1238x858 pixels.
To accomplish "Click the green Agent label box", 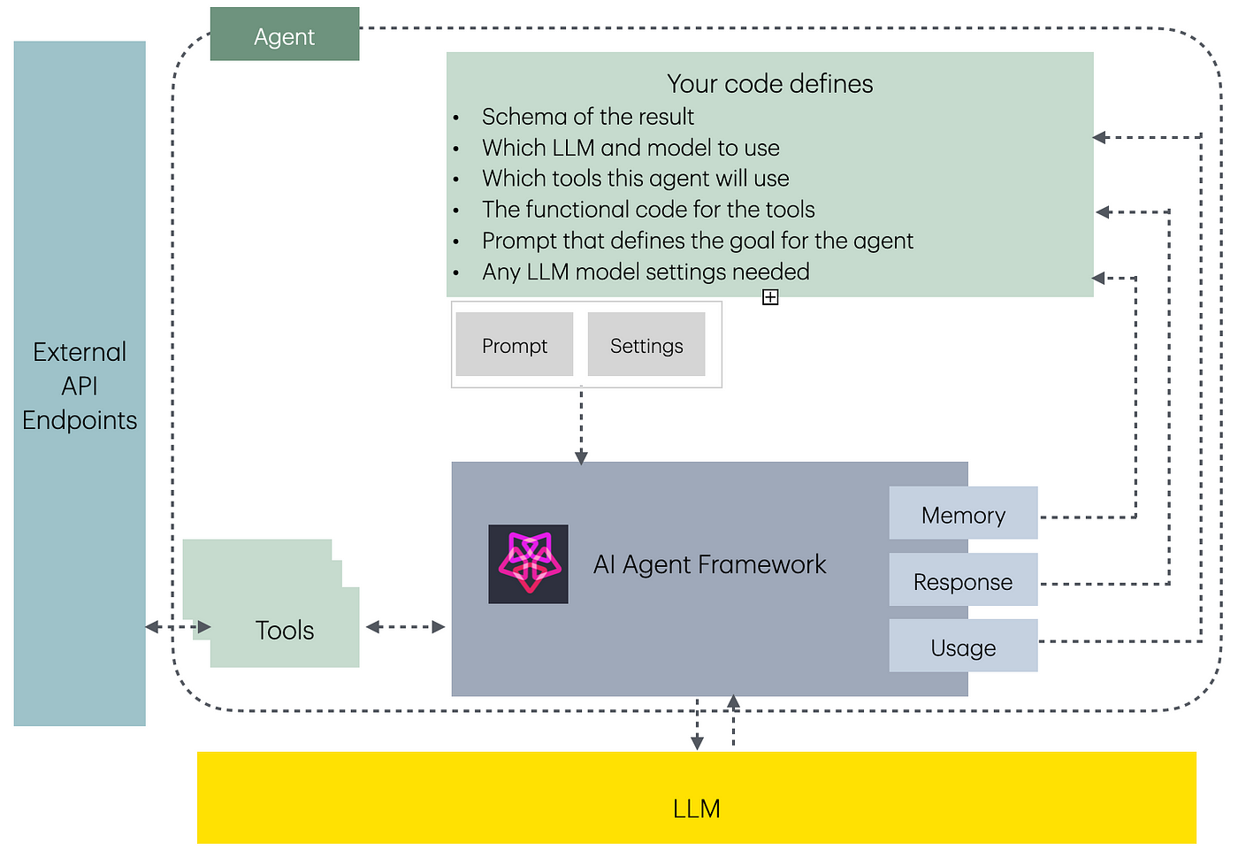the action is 285,34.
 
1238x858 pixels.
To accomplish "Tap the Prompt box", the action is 515,344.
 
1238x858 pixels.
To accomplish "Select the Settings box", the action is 646,344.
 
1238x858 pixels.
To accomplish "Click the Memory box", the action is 963,513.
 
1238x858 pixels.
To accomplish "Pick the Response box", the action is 963,579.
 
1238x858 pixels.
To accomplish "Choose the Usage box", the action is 963,646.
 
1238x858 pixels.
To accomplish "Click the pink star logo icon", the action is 529,564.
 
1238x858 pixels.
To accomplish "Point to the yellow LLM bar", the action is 697,798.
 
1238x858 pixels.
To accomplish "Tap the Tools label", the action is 285,630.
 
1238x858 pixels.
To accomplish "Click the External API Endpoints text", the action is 80,386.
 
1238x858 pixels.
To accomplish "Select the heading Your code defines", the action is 770,84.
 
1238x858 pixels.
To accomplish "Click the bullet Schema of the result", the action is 587,117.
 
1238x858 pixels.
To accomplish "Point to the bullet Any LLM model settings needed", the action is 646,272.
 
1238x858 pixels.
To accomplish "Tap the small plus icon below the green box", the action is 770,297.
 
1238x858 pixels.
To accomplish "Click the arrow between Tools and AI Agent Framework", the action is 406,627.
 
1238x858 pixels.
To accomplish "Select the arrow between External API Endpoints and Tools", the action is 178,627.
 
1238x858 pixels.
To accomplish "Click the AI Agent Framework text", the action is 709,564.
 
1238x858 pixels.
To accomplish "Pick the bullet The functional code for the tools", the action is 648,210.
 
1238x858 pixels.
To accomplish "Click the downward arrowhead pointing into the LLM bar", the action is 698,743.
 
